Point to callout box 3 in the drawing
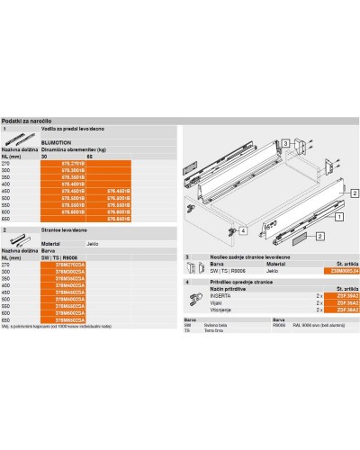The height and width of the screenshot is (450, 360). (x=283, y=143)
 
